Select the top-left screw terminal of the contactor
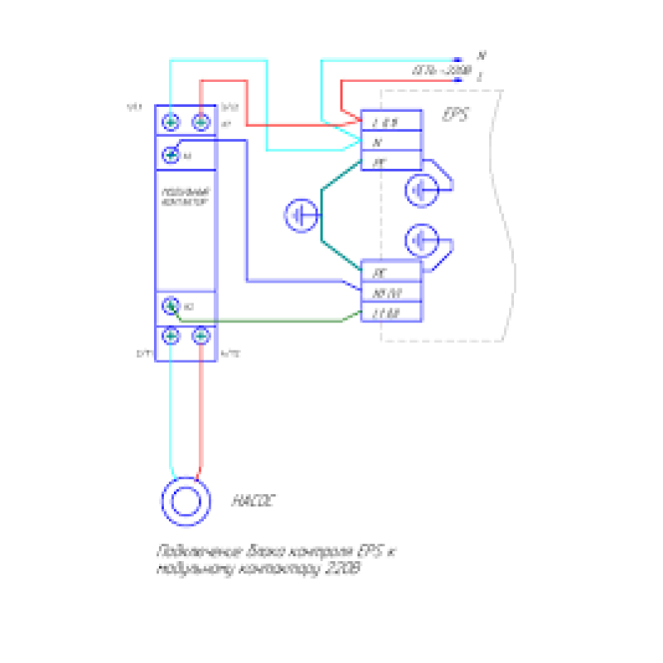tap(171, 123)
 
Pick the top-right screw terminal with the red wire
tap(201, 123)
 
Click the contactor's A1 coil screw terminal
tap(171, 154)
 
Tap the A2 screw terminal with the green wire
tap(170, 307)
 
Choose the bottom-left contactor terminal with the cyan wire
tap(171, 336)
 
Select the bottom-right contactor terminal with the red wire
tap(201, 336)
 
